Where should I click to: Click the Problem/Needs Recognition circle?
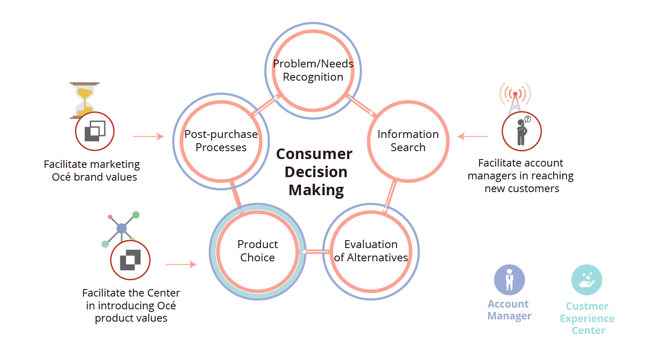[313, 71]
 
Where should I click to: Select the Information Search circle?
[408, 141]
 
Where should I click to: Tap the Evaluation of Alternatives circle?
[371, 251]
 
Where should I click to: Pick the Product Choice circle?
[258, 251]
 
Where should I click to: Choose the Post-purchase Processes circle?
[221, 141]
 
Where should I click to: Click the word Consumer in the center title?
[314, 154]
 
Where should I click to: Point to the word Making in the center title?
[316, 190]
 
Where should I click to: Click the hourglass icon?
[84, 98]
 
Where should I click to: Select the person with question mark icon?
[522, 131]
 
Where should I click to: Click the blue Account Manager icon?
[509, 280]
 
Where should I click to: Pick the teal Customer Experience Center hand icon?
[587, 280]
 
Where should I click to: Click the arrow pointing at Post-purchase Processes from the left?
[149, 137]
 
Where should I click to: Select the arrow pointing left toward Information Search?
[472, 137]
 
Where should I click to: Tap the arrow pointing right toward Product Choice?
[181, 264]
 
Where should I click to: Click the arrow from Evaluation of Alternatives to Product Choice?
[315, 252]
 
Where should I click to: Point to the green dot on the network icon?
[136, 215]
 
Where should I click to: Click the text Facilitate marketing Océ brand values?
[92, 171]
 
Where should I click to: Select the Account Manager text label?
[509, 310]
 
